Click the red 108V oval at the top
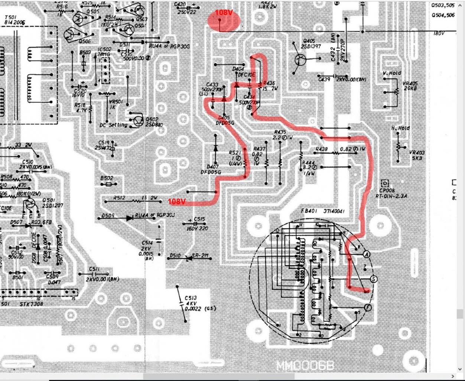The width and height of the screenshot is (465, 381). [224, 19]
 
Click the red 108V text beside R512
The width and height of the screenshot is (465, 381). [177, 201]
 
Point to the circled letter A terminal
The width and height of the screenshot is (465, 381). [367, 254]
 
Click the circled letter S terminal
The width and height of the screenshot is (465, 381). [374, 279]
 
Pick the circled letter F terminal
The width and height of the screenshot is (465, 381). [367, 307]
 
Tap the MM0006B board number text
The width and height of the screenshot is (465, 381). [305, 366]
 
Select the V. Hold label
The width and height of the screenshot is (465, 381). [392, 73]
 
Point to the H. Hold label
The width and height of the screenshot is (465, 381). [400, 128]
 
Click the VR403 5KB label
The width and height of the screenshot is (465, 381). [417, 155]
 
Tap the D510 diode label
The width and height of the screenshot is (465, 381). [175, 256]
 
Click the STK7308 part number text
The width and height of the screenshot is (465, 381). [31, 304]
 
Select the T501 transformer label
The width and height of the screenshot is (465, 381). [14, 20]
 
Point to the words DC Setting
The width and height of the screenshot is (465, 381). [113, 125]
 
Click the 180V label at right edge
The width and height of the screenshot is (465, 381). [439, 33]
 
